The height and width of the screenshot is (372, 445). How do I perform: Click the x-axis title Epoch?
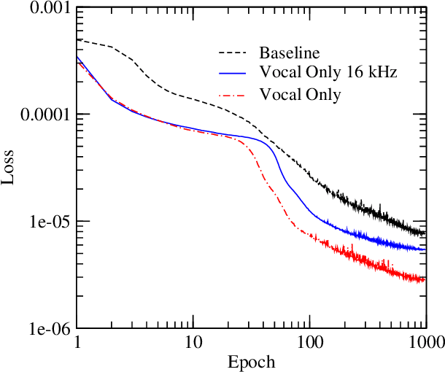(x=251, y=362)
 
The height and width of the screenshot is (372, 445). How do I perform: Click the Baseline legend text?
(x=290, y=53)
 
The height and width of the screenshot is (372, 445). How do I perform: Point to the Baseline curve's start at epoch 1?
(x=77, y=40)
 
